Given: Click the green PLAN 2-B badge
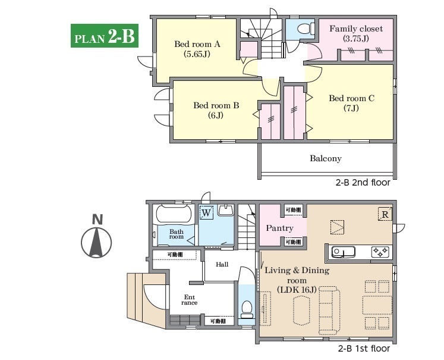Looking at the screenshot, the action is tap(105, 36).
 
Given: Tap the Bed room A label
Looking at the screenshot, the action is tap(197, 44).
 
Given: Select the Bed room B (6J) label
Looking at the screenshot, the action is tap(216, 110).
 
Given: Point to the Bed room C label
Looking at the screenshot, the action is tap(351, 98).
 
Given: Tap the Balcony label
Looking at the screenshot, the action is tap(326, 158).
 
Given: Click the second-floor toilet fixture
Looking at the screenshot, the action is tap(306, 29).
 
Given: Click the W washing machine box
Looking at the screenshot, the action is tap(206, 212).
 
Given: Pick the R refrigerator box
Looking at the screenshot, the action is tap(385, 214).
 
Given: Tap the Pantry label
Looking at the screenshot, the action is tap(280, 228).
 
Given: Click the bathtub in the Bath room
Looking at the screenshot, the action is tap(174, 214).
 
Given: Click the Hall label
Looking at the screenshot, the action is tap(222, 264).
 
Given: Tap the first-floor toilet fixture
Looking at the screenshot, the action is tap(247, 309).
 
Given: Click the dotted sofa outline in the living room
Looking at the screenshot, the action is tap(329, 311).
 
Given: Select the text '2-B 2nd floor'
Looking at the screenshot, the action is tap(363, 183).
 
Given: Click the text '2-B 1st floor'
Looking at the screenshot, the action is tap(364, 348).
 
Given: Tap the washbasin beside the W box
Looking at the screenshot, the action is tap(226, 210).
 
